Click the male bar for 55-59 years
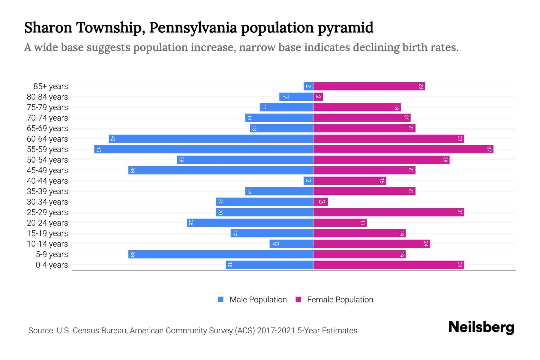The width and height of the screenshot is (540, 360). (x=204, y=149)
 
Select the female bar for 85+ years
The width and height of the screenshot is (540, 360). (x=369, y=86)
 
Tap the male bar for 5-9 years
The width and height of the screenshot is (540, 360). (x=221, y=254)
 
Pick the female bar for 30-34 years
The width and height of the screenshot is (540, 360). (x=320, y=202)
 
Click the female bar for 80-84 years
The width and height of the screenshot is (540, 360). (x=318, y=97)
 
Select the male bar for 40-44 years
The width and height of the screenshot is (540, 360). (x=308, y=181)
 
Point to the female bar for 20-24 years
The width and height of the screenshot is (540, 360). (x=340, y=223)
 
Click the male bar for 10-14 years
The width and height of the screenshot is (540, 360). (x=291, y=244)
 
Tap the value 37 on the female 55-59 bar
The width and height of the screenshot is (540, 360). (x=489, y=149)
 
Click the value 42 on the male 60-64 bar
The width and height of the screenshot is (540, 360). (x=113, y=139)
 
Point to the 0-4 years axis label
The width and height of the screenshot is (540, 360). (x=52, y=265)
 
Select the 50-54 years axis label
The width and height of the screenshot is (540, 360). (x=47, y=160)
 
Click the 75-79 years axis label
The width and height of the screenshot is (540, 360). (x=47, y=107)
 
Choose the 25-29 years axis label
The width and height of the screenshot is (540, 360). (x=47, y=212)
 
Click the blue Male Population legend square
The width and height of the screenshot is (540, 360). (x=221, y=299)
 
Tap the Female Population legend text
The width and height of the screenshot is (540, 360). (x=340, y=299)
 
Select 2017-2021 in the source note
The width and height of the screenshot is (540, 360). (x=276, y=331)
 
